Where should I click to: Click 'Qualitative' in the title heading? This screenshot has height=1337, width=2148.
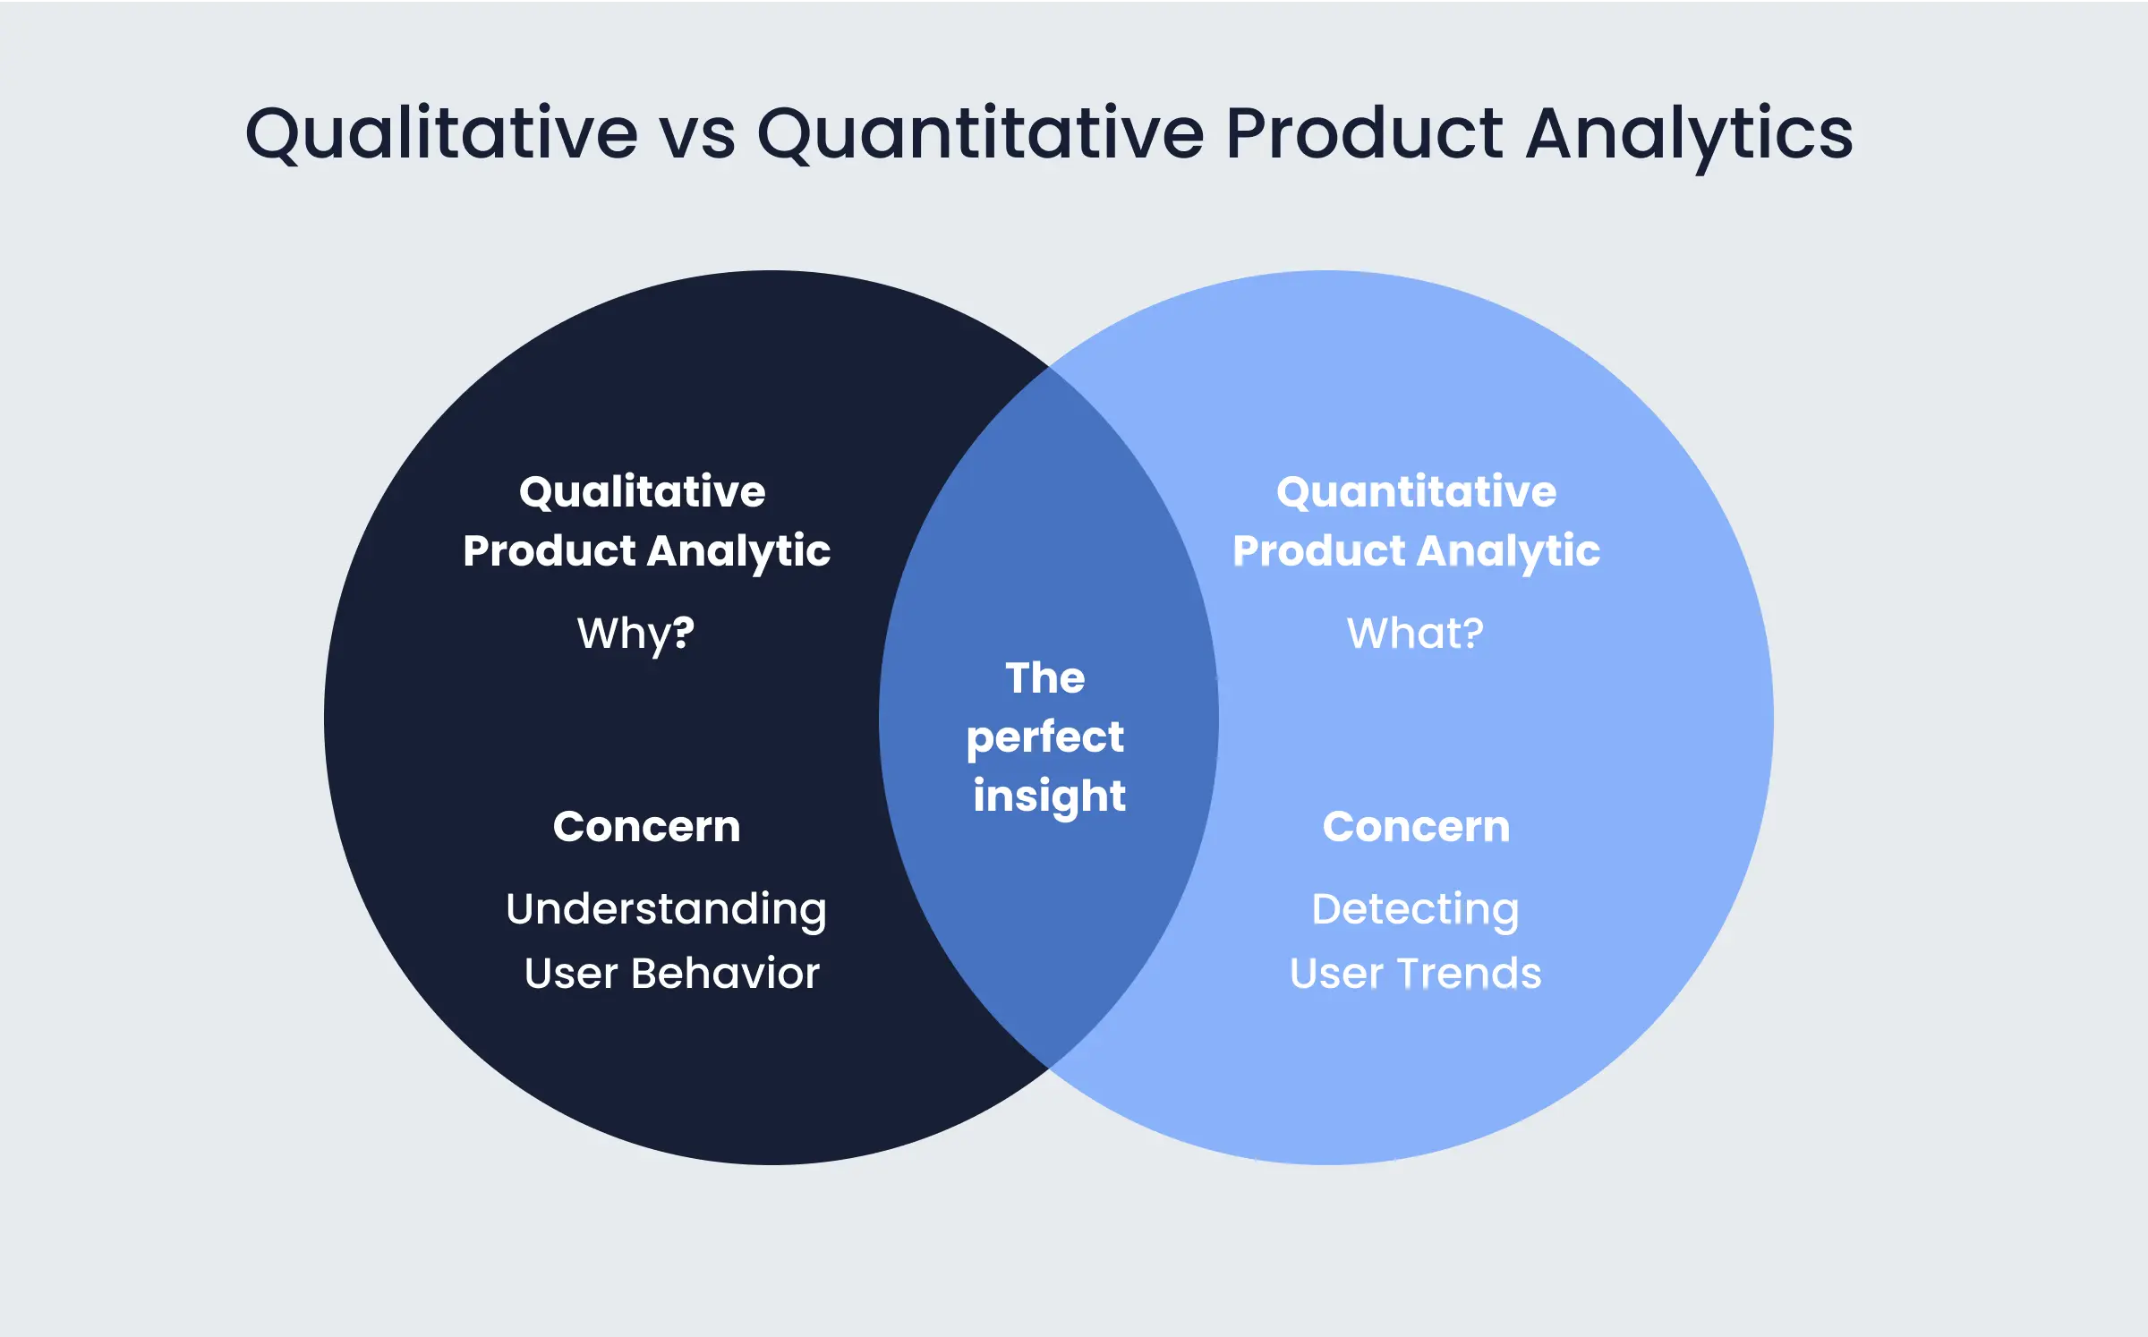441,134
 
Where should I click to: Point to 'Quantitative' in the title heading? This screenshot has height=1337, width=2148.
981,134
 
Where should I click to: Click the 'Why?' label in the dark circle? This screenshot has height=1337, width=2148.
635,634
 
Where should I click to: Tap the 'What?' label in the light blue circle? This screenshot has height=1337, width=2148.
1415,633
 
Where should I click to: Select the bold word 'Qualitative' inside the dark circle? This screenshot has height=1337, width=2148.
643,491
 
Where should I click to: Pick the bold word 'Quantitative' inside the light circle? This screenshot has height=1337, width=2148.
1417,491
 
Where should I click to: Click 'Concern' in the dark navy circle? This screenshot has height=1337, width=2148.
647,826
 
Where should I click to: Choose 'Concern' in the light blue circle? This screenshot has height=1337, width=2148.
1417,826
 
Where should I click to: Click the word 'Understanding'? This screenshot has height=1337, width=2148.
667,910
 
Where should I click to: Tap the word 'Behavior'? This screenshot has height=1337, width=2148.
725,973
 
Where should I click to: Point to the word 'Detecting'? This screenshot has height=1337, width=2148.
1415,910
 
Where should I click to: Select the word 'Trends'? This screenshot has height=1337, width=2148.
1470,973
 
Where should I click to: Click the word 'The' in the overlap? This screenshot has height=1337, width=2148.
1045,677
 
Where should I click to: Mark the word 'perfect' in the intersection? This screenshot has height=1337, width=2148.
1045,738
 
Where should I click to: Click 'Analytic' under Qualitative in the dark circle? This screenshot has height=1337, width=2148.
739,552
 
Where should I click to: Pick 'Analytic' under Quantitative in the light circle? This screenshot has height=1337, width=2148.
1509,552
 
